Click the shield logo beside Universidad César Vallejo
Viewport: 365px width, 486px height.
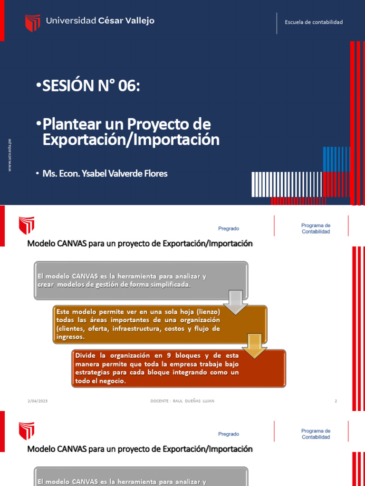32,22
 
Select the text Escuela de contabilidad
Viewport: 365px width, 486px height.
313,22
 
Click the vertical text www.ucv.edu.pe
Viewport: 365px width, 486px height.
10,155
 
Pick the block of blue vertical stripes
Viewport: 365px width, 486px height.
337,159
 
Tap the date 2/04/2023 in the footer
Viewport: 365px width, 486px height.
38,402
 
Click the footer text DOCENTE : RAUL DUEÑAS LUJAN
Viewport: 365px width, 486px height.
182,402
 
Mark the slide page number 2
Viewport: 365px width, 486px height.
336,402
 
